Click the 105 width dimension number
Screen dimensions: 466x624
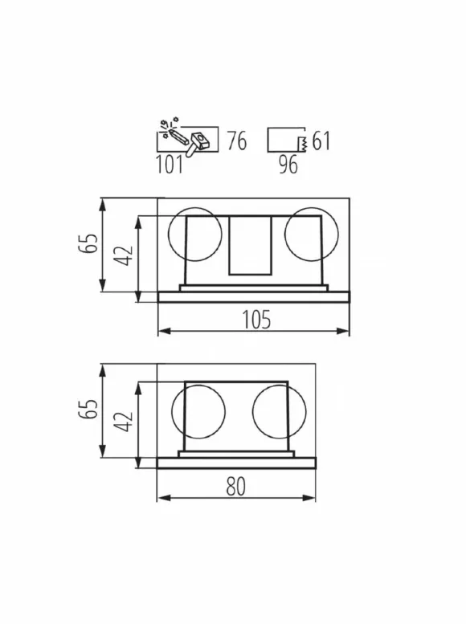coord(256,320)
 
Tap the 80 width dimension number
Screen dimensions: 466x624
coord(235,487)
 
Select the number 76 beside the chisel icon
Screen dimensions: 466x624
coord(237,141)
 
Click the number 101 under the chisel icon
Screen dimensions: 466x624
coord(170,164)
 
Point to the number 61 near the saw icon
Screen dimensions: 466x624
coord(321,141)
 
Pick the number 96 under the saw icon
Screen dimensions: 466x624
coord(288,164)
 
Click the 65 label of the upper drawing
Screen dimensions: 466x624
coord(88,243)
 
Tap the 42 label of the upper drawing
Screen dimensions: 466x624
coord(123,255)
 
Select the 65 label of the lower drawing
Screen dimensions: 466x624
coord(88,409)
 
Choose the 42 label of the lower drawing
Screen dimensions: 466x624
coord(123,422)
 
